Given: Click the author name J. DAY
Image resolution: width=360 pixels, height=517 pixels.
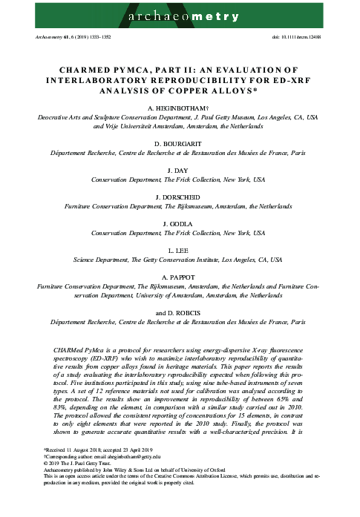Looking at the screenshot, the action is [180, 168].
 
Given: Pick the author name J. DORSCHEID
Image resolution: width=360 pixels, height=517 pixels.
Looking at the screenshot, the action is [180, 196].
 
